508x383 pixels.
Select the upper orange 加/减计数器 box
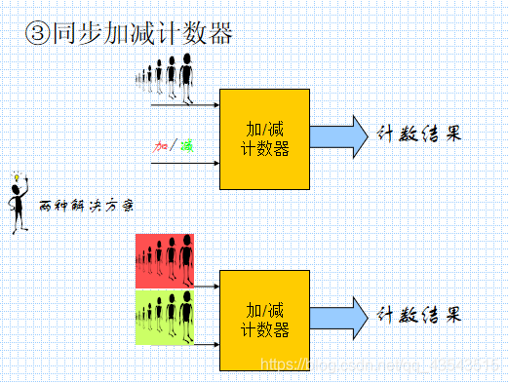tap(264, 138)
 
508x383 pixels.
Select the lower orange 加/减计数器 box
tap(264, 321)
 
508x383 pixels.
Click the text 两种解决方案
tap(86, 207)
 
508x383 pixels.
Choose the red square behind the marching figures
tap(165, 260)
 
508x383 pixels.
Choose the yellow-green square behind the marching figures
tap(165, 317)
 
